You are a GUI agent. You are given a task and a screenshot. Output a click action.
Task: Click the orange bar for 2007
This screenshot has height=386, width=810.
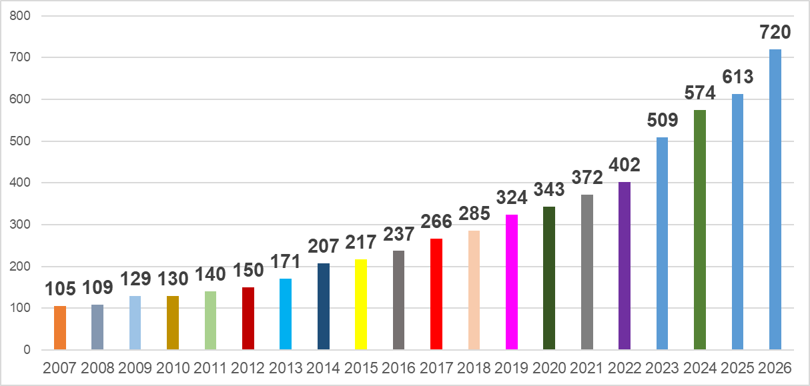pos(60,327)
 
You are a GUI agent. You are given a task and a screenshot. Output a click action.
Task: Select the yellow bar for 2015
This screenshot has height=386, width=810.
pos(361,304)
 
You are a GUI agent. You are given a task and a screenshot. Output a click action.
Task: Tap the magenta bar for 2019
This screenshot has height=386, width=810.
pos(512,282)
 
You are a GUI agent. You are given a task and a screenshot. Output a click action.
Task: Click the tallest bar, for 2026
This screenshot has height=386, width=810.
pos(775,199)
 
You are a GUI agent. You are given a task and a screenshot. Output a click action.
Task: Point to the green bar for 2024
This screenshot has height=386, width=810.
pos(700,229)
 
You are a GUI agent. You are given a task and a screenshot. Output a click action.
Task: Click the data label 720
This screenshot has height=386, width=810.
pos(775,32)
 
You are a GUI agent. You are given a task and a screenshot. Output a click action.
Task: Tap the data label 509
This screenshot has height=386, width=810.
pos(662,121)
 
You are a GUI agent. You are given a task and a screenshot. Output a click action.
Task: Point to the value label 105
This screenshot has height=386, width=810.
pos(60,289)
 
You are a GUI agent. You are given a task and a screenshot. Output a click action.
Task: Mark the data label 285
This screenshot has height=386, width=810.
pos(474,214)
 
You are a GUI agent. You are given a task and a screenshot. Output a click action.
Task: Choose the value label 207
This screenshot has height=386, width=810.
pos(324,247)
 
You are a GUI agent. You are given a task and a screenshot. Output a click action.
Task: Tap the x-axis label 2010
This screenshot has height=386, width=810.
pos(173,368)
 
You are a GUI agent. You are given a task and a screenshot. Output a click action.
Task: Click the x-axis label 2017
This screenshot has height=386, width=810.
pos(436,368)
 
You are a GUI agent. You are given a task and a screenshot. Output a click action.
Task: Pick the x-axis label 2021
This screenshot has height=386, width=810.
pos(586,368)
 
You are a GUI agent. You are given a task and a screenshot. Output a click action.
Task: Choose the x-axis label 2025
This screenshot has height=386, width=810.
pos(737,368)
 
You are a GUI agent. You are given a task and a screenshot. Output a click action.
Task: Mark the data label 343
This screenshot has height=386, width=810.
pos(549,189)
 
